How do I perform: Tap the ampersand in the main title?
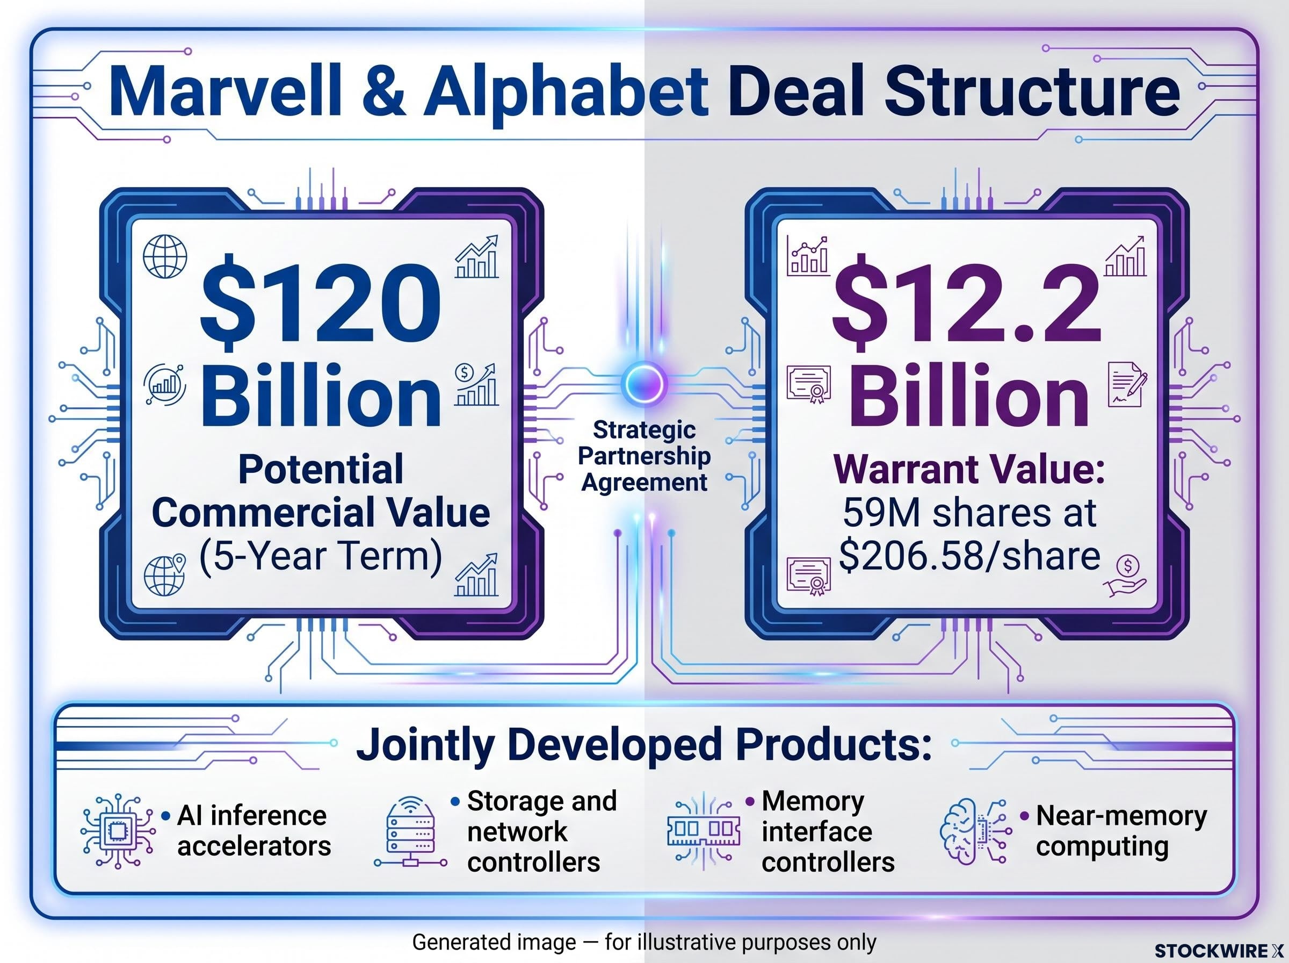click(383, 92)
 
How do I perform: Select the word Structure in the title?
click(1033, 92)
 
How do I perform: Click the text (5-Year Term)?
click(320, 556)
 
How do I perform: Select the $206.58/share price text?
click(969, 556)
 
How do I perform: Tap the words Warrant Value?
click(969, 469)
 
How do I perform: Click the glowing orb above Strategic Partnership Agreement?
click(644, 383)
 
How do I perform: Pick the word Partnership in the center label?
click(644, 456)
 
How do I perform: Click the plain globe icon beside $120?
click(165, 256)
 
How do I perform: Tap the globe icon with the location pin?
click(164, 575)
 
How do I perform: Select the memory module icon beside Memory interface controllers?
click(704, 830)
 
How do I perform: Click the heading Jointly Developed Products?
click(643, 745)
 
